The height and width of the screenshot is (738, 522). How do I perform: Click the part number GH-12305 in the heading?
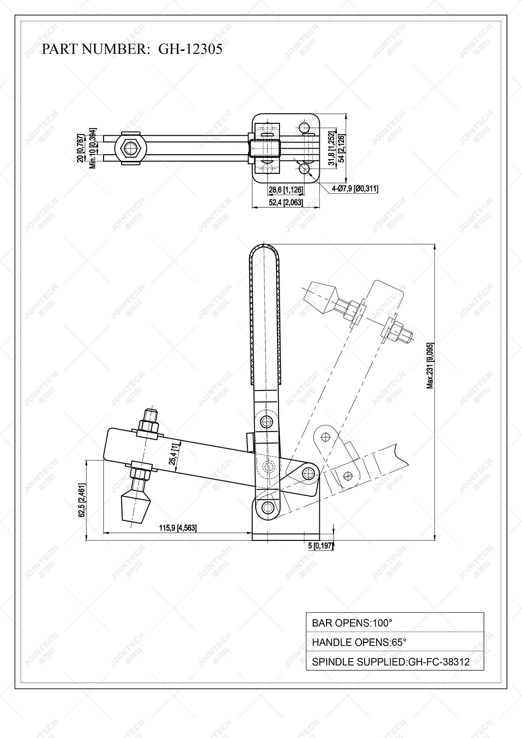point(190,49)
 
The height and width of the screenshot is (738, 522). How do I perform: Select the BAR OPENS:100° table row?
point(395,623)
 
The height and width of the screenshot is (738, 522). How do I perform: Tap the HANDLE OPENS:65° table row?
point(395,642)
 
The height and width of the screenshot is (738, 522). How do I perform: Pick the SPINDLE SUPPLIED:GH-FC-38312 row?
point(395,662)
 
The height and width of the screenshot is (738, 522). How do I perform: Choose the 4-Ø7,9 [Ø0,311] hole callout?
point(355,189)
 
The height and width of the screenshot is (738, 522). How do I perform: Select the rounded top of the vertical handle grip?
point(265,252)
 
